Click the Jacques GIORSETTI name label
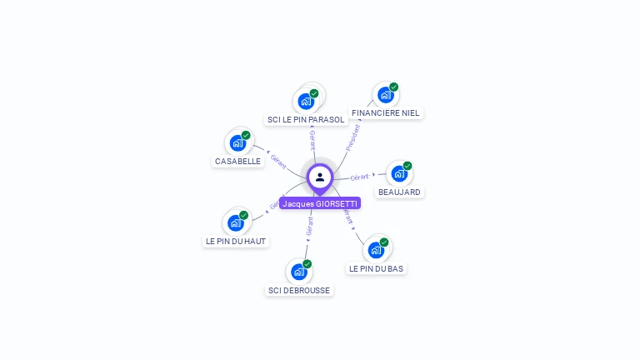click(x=320, y=203)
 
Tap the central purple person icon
click(x=320, y=177)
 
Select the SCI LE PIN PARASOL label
click(x=305, y=120)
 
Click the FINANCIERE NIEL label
click(x=386, y=112)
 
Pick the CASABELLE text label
click(x=237, y=161)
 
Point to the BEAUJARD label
click(x=399, y=192)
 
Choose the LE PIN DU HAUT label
click(x=236, y=241)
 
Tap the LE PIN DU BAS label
click(x=377, y=268)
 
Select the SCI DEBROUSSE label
click(x=298, y=290)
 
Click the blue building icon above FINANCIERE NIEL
click(x=384, y=95)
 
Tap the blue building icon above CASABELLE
click(x=237, y=142)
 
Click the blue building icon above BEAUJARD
click(x=398, y=174)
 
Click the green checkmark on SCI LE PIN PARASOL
click(x=314, y=93)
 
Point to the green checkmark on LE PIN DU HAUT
click(x=246, y=214)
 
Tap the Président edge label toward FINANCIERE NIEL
click(x=353, y=137)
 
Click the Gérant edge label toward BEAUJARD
click(x=360, y=177)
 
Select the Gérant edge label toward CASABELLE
click(x=278, y=158)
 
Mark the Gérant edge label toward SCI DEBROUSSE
click(x=309, y=225)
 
